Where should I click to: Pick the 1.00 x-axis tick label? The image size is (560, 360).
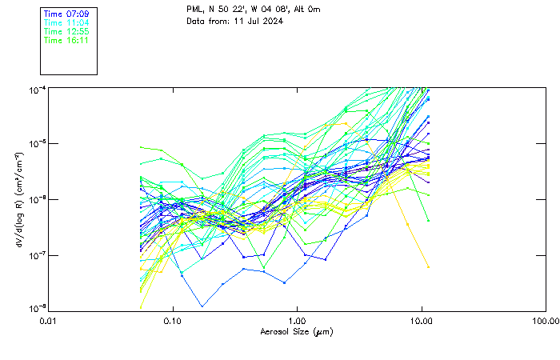coord(297,321)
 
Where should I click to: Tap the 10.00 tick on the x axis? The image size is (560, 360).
coord(422,321)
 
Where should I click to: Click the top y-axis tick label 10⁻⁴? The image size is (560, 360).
coord(36,89)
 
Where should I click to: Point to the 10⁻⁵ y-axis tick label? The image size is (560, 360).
coord(36,144)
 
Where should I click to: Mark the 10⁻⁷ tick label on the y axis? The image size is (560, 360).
coord(36,255)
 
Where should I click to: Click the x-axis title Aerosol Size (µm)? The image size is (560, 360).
coord(297,331)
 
